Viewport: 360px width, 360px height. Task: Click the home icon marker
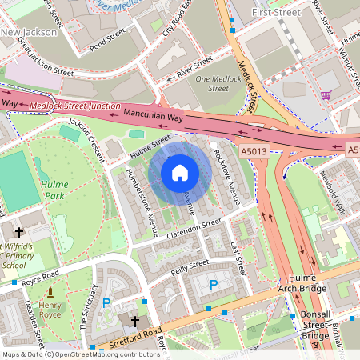click(180, 173)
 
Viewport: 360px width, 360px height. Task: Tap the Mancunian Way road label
click(154, 116)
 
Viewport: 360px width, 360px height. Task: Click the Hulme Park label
click(54, 189)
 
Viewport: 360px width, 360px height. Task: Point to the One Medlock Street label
click(218, 84)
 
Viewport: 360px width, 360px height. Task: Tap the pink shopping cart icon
click(326, 95)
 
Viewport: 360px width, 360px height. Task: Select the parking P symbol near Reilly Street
click(213, 284)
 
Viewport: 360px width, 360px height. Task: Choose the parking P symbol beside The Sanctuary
click(106, 303)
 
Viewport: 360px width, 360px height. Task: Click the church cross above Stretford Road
click(135, 322)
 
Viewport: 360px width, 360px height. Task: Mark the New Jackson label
click(29, 32)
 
